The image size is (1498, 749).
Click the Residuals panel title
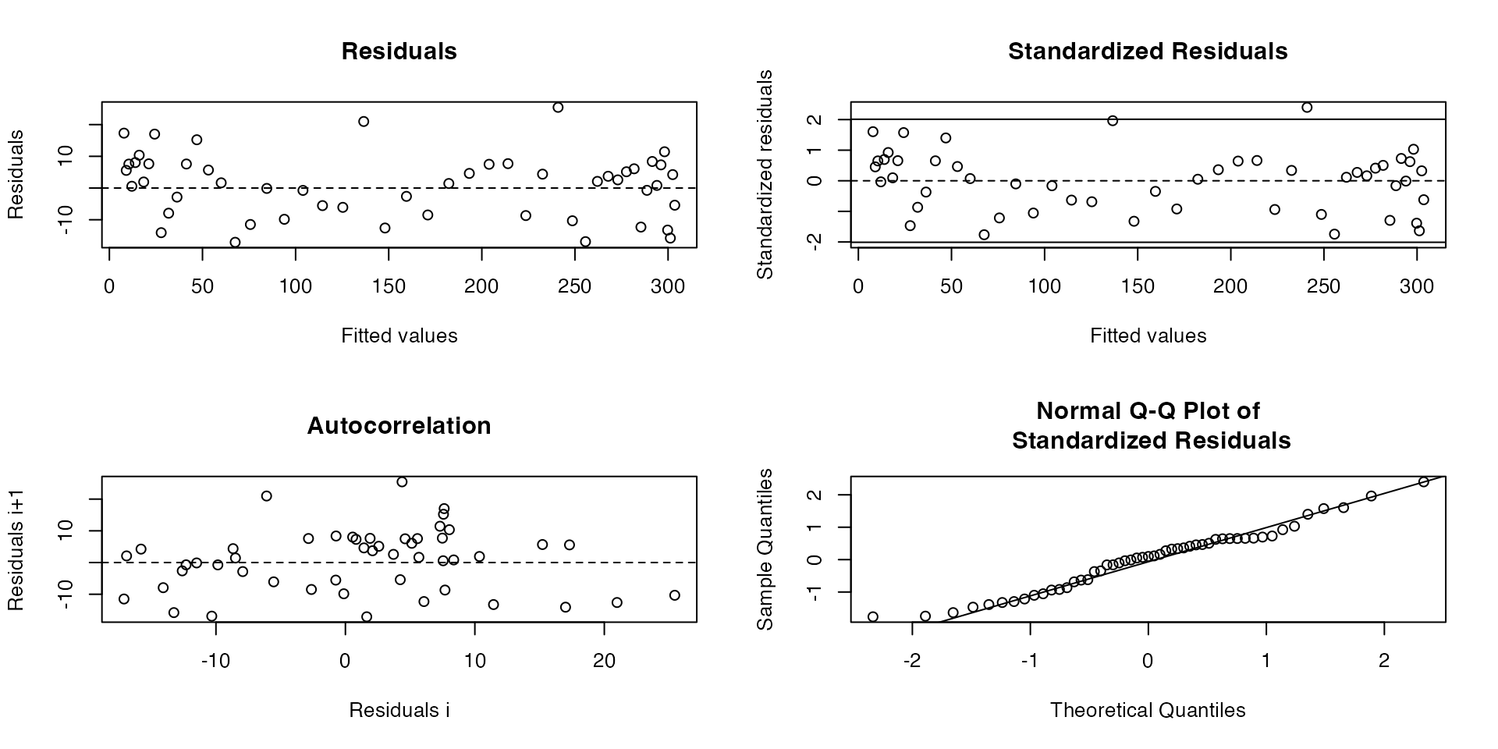pos(399,51)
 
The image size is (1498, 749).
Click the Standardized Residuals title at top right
pos(1148,51)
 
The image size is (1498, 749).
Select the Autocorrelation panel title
pos(399,426)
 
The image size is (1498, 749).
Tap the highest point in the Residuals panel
pos(558,108)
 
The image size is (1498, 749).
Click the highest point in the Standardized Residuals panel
pos(1307,108)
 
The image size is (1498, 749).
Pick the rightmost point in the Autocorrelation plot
pos(675,595)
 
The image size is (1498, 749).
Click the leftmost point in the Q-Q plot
pos(873,617)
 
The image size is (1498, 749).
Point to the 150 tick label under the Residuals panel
pos(389,286)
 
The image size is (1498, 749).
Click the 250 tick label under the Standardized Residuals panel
pos(1324,286)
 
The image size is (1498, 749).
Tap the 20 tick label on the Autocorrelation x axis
pos(604,662)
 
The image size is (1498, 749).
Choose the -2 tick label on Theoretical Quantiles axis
pos(912,662)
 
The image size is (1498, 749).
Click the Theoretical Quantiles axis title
pos(1148,710)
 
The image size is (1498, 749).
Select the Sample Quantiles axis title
pos(766,549)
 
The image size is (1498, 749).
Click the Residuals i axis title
pos(399,710)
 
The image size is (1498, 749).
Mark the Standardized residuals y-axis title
pos(766,175)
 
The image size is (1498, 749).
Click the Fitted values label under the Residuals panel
pos(399,335)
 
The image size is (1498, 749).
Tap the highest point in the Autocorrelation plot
pos(402,482)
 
